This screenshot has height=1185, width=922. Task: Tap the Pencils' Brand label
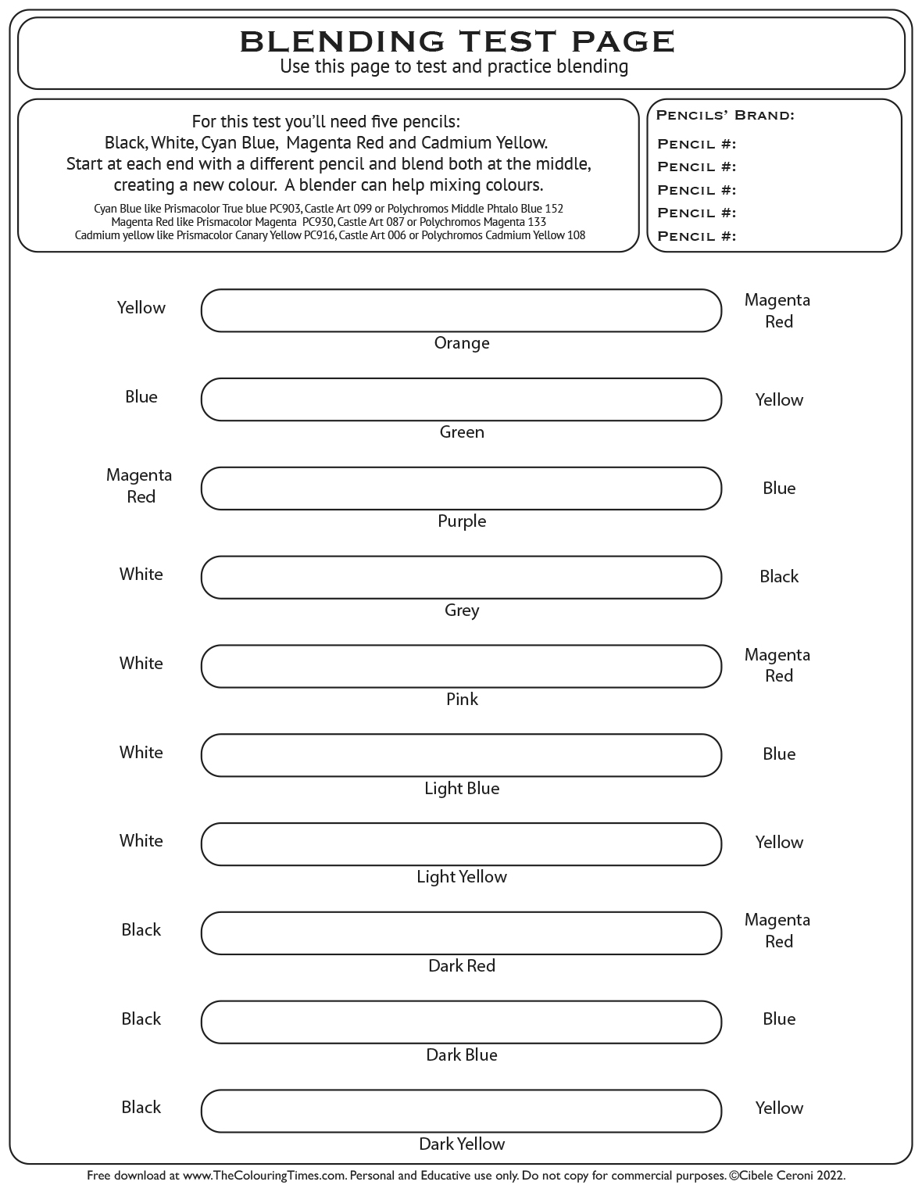[725, 116]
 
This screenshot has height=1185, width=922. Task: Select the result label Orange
[462, 343]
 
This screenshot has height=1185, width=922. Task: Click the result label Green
[462, 432]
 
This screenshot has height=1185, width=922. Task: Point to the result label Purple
[462, 521]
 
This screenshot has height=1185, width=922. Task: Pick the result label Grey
[462, 610]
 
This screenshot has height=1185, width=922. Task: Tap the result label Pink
[462, 700]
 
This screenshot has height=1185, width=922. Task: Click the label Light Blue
[462, 789]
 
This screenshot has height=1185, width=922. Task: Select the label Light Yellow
[462, 877]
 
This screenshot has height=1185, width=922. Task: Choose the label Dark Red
[462, 966]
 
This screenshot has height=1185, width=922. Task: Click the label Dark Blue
[462, 1055]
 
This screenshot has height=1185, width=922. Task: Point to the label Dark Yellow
[462, 1144]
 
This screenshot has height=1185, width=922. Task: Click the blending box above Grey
[461, 578]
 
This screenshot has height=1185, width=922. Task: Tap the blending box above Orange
[461, 310]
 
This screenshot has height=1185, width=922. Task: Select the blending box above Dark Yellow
[461, 1111]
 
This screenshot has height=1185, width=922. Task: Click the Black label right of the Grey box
[779, 577]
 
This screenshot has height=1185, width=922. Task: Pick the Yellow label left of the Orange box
[141, 308]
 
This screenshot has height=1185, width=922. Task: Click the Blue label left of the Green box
[141, 397]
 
